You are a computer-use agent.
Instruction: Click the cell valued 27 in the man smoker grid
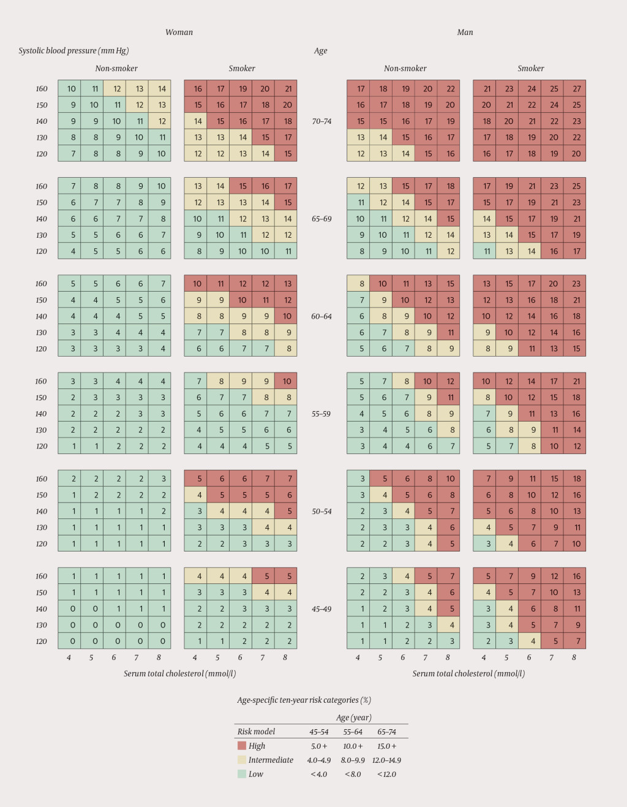(576, 88)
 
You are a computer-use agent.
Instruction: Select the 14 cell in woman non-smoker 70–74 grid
(162, 88)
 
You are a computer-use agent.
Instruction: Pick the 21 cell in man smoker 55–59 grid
(576, 381)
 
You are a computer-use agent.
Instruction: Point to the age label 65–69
(321, 219)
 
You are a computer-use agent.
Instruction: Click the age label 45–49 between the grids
(321, 609)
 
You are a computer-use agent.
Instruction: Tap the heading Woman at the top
(179, 32)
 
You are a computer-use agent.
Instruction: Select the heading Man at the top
(465, 32)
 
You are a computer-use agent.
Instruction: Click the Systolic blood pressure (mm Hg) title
(73, 51)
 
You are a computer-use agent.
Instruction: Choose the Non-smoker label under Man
(405, 69)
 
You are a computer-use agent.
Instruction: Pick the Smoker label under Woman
(242, 69)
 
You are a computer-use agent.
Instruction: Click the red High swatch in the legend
(242, 746)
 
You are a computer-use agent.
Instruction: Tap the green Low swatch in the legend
(242, 774)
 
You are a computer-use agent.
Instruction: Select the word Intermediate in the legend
(271, 760)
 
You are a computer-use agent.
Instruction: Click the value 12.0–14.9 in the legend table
(386, 760)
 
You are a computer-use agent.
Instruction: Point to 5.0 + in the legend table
(319, 746)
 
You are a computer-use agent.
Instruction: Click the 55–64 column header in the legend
(353, 732)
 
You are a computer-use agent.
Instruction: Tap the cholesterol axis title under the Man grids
(468, 673)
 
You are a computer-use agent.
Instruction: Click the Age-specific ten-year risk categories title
(304, 700)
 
